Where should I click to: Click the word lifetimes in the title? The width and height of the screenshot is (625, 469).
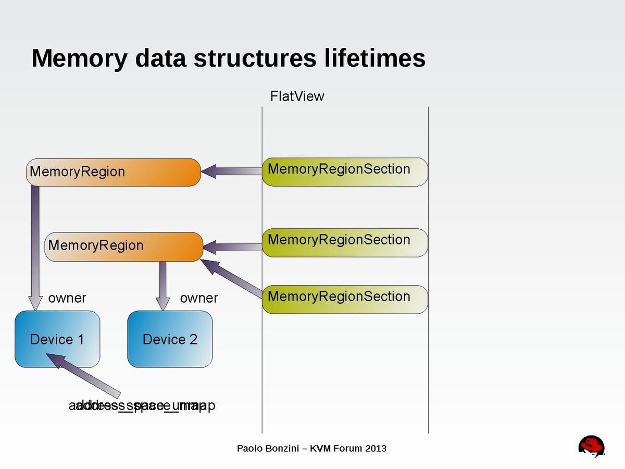pyautogui.click(x=374, y=58)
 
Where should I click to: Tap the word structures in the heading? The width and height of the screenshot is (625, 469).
pyautogui.click(x=254, y=58)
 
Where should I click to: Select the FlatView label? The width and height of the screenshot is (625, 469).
pyautogui.click(x=297, y=96)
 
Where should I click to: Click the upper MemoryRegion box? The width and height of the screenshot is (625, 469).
pyautogui.click(x=113, y=172)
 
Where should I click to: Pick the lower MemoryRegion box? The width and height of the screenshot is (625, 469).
pyautogui.click(x=124, y=246)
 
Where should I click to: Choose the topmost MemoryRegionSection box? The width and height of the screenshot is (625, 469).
pyautogui.click(x=344, y=171)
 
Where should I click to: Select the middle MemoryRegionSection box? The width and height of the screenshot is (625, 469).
pyautogui.click(x=344, y=242)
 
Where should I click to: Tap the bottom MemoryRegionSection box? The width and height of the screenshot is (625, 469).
pyautogui.click(x=344, y=299)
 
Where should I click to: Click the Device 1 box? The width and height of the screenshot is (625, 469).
pyautogui.click(x=57, y=339)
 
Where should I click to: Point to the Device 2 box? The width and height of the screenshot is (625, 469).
pyautogui.click(x=170, y=339)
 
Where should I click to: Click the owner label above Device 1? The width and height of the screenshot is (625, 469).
pyautogui.click(x=67, y=298)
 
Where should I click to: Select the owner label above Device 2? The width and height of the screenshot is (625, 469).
pyautogui.click(x=198, y=298)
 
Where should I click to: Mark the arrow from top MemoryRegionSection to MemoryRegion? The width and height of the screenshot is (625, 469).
pyautogui.click(x=231, y=171)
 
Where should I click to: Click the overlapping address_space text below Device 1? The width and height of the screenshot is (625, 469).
pyautogui.click(x=142, y=405)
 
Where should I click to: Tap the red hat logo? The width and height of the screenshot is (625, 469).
pyautogui.click(x=592, y=447)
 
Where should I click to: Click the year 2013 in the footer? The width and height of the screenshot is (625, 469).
pyautogui.click(x=376, y=448)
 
